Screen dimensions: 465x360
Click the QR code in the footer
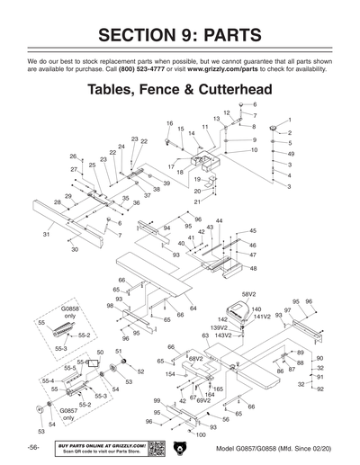coord(155,448)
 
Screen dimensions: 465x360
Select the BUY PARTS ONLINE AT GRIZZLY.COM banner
coord(100,447)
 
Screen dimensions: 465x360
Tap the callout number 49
coord(291,154)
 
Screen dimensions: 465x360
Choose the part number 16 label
coord(169,123)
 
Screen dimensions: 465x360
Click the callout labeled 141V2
coord(262,317)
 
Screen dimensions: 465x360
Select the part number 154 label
coord(170,373)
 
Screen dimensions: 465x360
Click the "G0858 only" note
coord(69,312)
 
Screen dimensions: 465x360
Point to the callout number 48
coord(253,268)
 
